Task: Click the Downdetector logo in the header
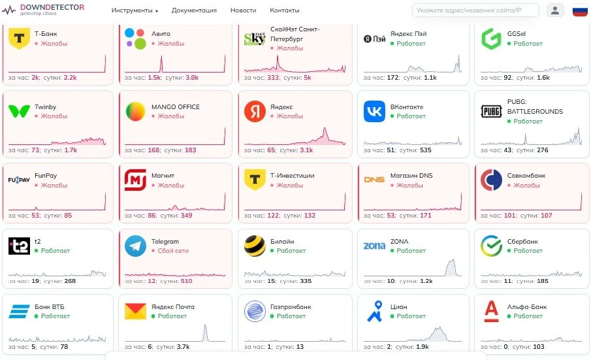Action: (x=43, y=9)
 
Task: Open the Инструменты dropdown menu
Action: (x=135, y=10)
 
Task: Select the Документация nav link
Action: (x=194, y=10)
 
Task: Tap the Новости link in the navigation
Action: (x=243, y=10)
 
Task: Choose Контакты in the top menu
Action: (x=285, y=10)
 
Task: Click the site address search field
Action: (x=475, y=10)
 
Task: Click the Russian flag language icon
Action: (x=580, y=10)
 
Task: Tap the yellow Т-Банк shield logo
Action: (x=19, y=38)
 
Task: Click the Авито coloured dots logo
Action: (x=135, y=39)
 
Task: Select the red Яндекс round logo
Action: (x=255, y=111)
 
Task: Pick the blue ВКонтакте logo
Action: (x=374, y=111)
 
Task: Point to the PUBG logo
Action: (x=492, y=111)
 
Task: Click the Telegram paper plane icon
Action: (x=135, y=246)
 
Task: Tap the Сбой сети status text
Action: (x=173, y=251)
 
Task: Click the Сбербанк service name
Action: (x=522, y=242)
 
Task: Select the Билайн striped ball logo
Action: (x=255, y=246)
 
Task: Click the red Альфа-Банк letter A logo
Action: (x=492, y=312)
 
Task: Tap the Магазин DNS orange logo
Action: (x=374, y=180)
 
